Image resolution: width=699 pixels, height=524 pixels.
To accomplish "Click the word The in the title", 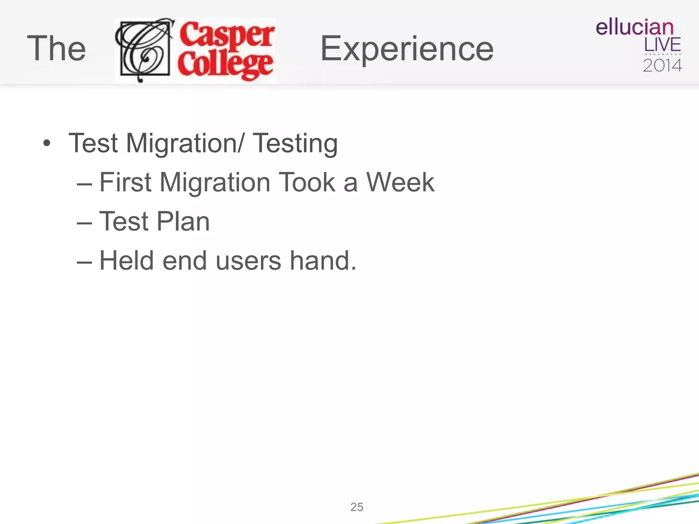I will [56, 48].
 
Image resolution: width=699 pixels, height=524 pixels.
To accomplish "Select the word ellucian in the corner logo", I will [634, 27].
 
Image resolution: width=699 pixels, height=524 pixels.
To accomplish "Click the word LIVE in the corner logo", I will [662, 45].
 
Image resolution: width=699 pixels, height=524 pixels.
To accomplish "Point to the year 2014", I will [662, 65].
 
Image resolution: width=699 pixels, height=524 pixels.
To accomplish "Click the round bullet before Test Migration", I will [47, 143].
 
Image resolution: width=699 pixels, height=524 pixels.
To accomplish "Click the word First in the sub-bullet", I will [125, 183].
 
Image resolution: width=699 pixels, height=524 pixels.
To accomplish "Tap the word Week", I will [400, 183].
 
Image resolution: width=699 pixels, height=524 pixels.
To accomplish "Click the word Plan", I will [183, 221].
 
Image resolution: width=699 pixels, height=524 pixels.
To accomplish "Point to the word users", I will [248, 261].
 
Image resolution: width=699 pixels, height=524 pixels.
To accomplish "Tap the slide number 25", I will [357, 507].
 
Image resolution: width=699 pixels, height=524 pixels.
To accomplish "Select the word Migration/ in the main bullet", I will [185, 144].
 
